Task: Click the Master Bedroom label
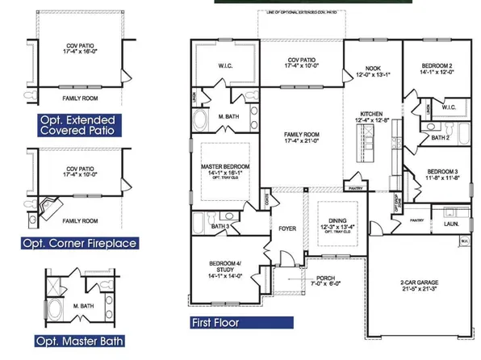pyautogui.click(x=221, y=170)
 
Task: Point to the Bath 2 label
pyautogui.click(x=441, y=137)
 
